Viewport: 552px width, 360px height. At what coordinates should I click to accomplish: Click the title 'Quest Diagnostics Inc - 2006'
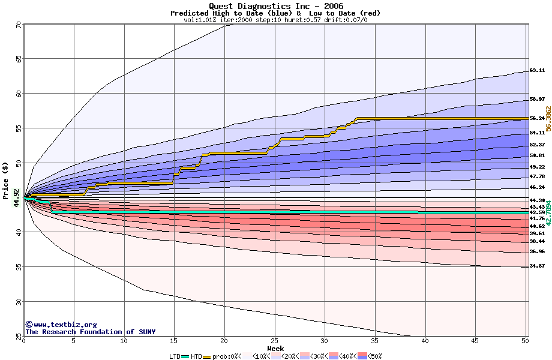pyautogui.click(x=275, y=6)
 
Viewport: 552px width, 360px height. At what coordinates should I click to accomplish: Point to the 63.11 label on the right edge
pyautogui.click(x=537, y=70)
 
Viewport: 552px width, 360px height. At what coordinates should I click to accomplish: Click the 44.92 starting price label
pyautogui.click(x=16, y=197)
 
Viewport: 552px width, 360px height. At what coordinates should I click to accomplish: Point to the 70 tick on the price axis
pyautogui.click(x=19, y=25)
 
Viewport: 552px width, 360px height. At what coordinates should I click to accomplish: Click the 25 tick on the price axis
pyautogui.click(x=19, y=335)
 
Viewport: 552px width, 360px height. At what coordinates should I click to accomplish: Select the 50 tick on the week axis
pyautogui.click(x=526, y=341)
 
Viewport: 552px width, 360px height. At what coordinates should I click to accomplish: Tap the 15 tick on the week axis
pyautogui.click(x=174, y=341)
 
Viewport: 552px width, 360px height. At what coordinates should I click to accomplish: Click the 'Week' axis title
pyautogui.click(x=275, y=348)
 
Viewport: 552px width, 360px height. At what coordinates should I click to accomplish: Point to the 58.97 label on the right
pyautogui.click(x=537, y=99)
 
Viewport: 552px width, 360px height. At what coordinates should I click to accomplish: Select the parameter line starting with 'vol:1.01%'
pyautogui.click(x=275, y=20)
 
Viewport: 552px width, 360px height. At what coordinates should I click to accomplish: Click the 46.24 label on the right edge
pyautogui.click(x=537, y=187)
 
